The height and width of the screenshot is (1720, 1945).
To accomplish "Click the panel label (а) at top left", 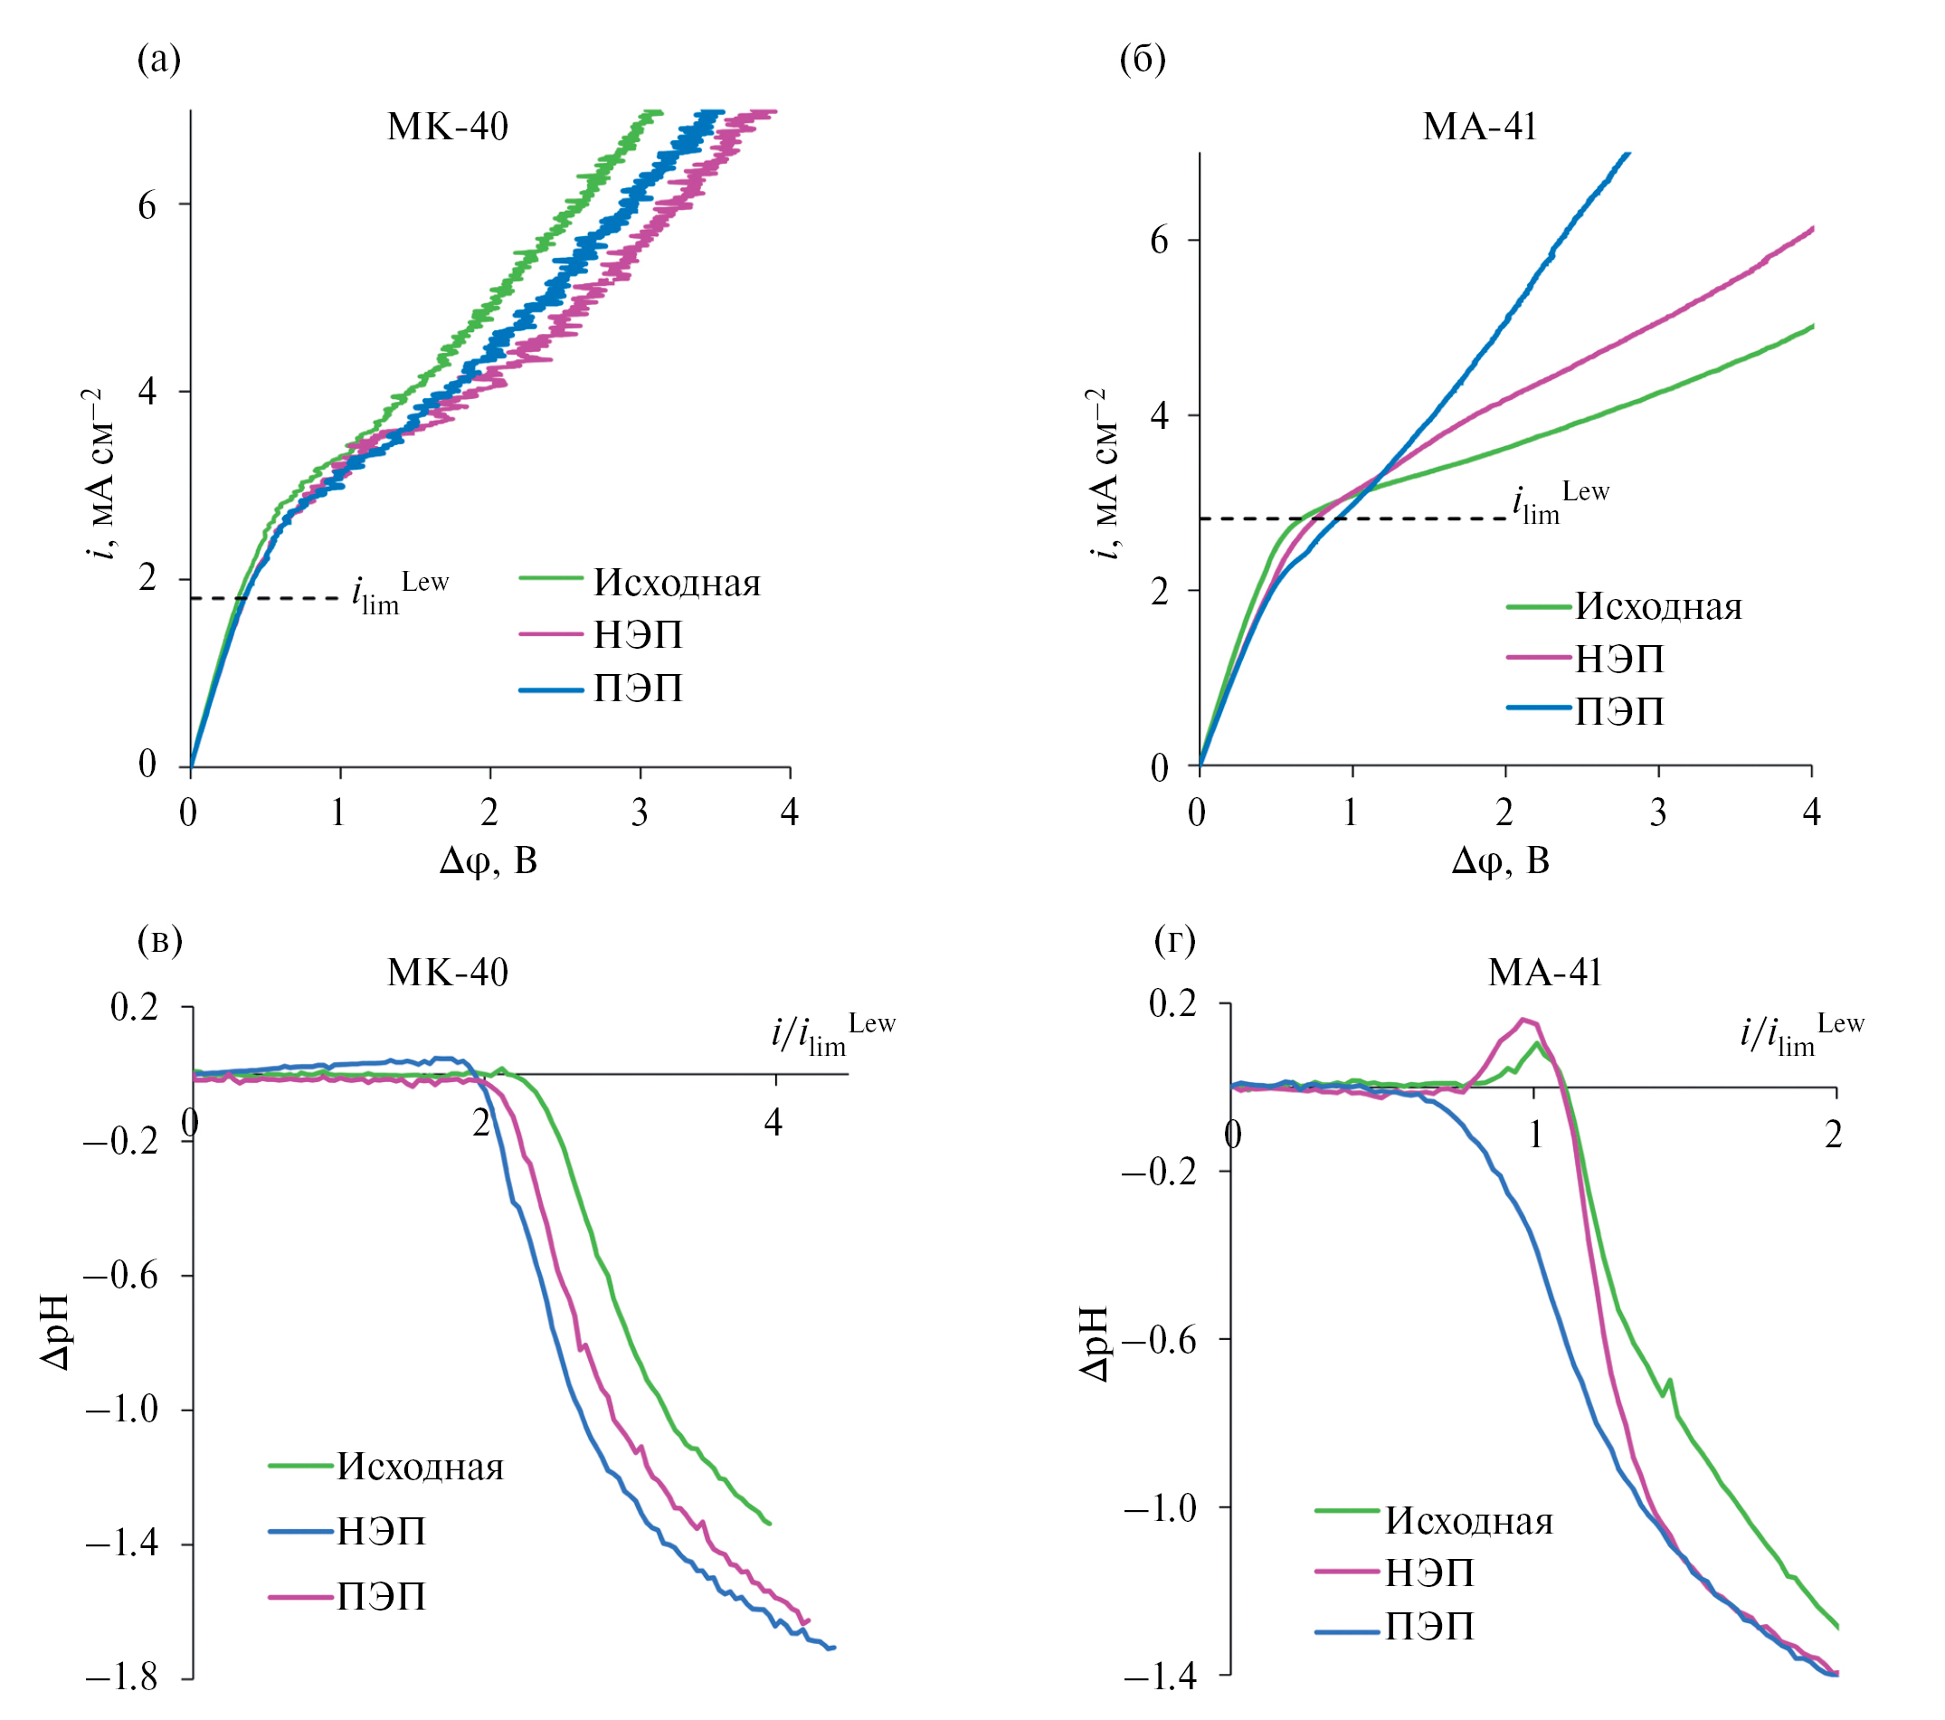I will point(159,59).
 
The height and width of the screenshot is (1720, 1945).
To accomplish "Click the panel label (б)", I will point(1142,59).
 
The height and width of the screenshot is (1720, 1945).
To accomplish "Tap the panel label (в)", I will point(160,939).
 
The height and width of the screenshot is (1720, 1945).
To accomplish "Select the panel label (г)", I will point(1174,939).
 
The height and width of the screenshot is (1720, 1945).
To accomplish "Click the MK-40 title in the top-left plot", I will point(447,127).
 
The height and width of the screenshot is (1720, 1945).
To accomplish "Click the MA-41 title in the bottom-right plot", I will point(1545,972).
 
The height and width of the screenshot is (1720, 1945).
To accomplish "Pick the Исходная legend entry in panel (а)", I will point(677,583).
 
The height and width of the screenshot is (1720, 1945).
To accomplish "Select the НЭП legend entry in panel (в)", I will point(381,1531).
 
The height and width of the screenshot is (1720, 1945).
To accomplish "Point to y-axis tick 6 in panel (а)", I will point(147,204).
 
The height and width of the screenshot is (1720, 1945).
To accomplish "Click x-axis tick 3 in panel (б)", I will point(1658,812).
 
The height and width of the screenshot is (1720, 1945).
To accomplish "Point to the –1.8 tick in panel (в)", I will point(122,1677).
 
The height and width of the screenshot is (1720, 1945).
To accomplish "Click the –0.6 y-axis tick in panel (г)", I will point(1160,1340).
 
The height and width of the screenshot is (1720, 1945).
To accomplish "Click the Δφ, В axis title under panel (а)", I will point(489,860).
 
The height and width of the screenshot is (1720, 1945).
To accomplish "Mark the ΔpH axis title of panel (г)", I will point(1096,1343).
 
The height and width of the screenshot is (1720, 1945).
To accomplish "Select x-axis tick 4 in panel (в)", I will point(773,1123).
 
